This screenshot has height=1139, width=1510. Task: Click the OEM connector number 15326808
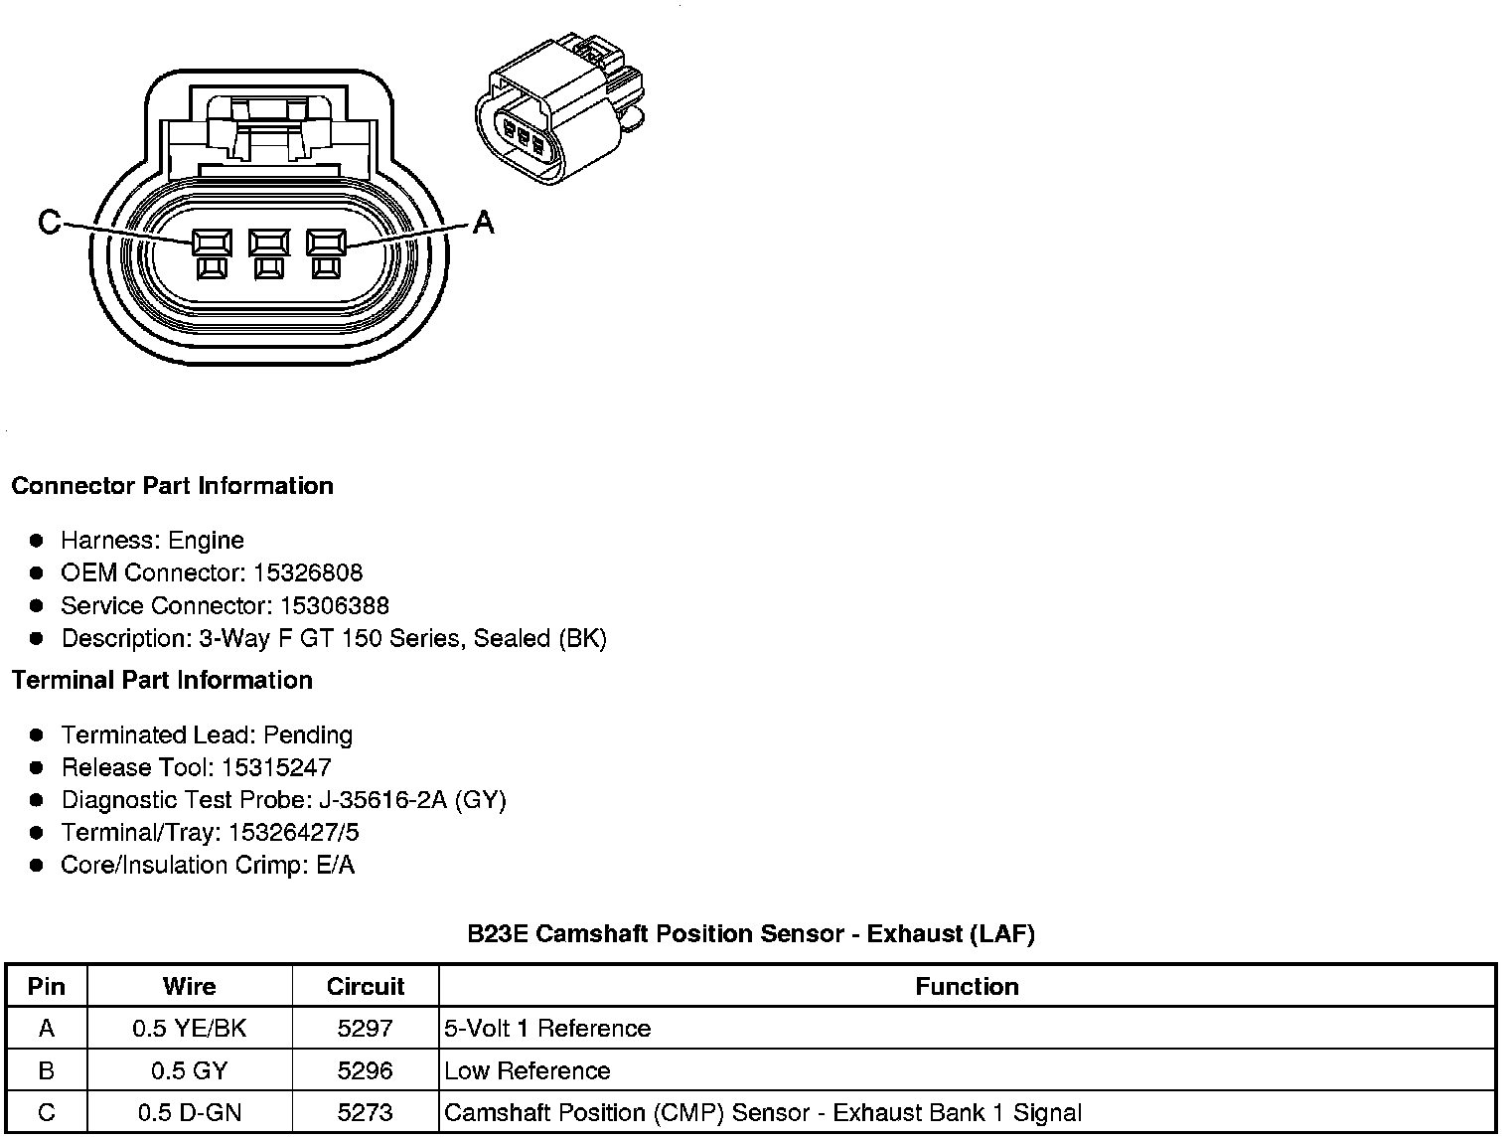click(x=308, y=573)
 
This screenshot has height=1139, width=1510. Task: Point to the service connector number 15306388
click(x=335, y=606)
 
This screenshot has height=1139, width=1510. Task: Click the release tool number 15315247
click(x=276, y=767)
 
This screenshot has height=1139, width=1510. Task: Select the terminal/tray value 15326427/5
click(x=294, y=833)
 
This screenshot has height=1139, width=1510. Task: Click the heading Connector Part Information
click(x=172, y=486)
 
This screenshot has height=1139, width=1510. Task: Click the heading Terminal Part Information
click(x=162, y=681)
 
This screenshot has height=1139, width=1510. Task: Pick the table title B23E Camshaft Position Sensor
click(x=751, y=934)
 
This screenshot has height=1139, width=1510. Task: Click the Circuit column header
click(x=365, y=986)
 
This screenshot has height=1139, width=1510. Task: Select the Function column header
click(x=967, y=986)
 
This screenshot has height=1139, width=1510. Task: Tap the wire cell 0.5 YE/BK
click(x=189, y=1029)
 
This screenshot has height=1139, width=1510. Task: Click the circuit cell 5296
click(x=365, y=1071)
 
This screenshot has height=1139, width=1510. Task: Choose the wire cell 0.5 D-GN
click(x=189, y=1113)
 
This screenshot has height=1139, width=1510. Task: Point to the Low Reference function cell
click(x=528, y=1071)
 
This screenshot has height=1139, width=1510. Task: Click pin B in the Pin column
click(x=47, y=1071)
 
